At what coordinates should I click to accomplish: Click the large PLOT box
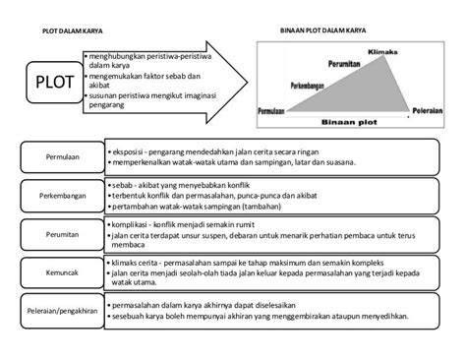[55, 81]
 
